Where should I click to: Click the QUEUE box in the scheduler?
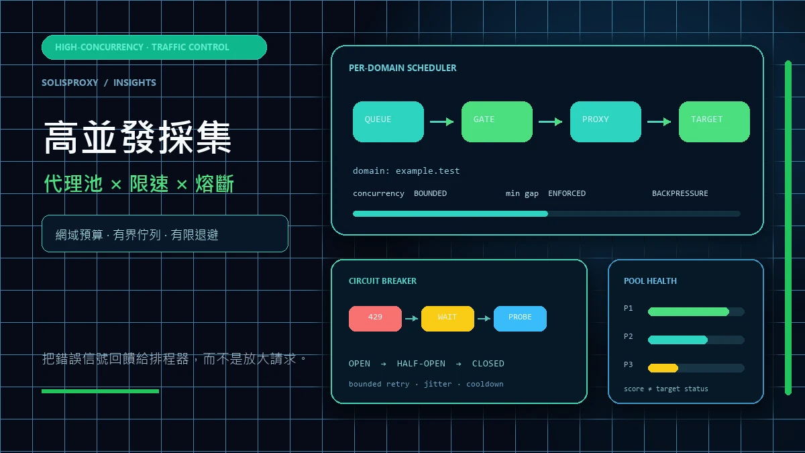pyautogui.click(x=388, y=121)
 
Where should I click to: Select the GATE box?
pyautogui.click(x=497, y=121)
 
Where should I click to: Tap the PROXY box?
pyautogui.click(x=606, y=121)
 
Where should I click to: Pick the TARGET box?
pyautogui.click(x=714, y=121)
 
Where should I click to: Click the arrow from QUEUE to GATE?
pyautogui.click(x=441, y=122)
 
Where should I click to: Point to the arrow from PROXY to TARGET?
pyautogui.click(x=659, y=122)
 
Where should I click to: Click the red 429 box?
pyautogui.click(x=375, y=319)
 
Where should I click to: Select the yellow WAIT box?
pyautogui.click(x=447, y=319)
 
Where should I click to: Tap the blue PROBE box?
pyautogui.click(x=520, y=319)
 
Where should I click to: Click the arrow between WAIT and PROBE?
pyautogui.click(x=484, y=319)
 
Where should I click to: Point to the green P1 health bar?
pyautogui.click(x=688, y=311)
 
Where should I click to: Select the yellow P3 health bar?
pyautogui.click(x=663, y=368)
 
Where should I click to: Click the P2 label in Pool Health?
pyautogui.click(x=628, y=336)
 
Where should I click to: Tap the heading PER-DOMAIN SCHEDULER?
pyautogui.click(x=402, y=68)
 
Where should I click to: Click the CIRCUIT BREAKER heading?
pyautogui.click(x=382, y=281)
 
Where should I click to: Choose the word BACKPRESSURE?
pyautogui.click(x=680, y=193)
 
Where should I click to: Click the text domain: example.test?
pyautogui.click(x=406, y=170)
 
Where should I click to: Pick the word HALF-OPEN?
pyautogui.click(x=421, y=364)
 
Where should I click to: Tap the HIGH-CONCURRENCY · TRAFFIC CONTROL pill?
pyautogui.click(x=154, y=47)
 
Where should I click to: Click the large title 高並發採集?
pyautogui.click(x=138, y=138)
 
